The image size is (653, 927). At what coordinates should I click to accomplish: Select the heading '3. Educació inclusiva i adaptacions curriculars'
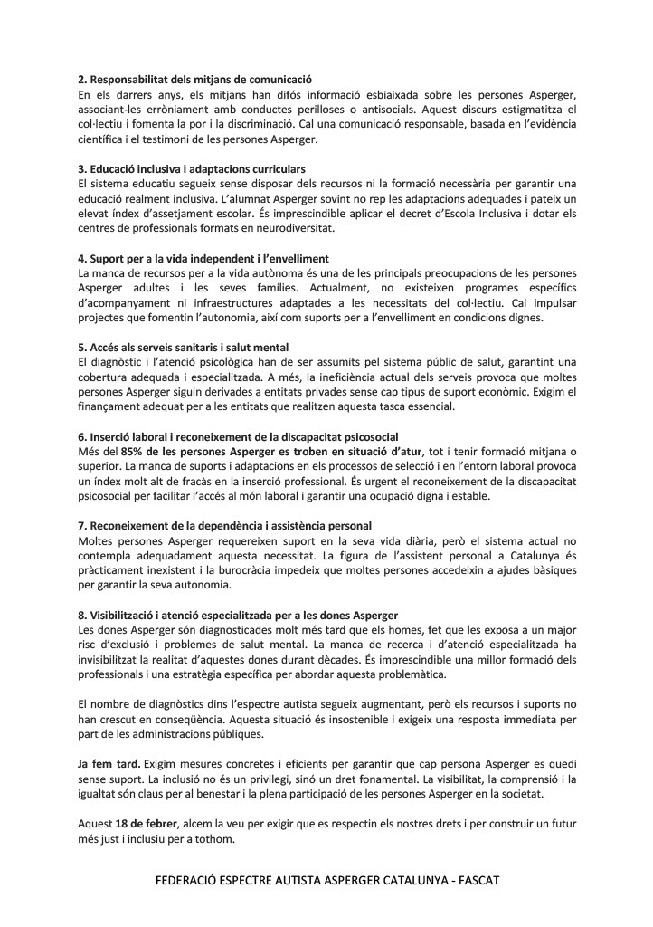click(192, 169)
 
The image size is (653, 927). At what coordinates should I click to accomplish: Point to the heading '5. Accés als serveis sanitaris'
click(183, 347)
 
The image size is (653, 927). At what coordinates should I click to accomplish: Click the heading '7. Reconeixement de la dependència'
click(224, 525)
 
